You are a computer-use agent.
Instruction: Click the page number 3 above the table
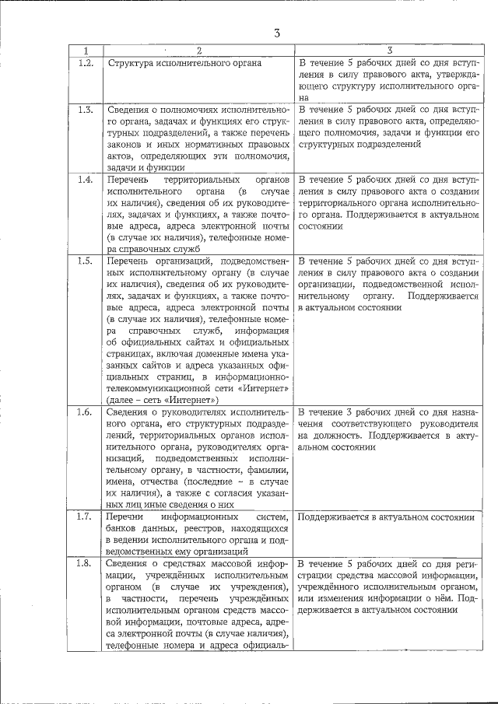coord(276,32)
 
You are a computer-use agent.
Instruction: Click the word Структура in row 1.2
coord(130,62)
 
